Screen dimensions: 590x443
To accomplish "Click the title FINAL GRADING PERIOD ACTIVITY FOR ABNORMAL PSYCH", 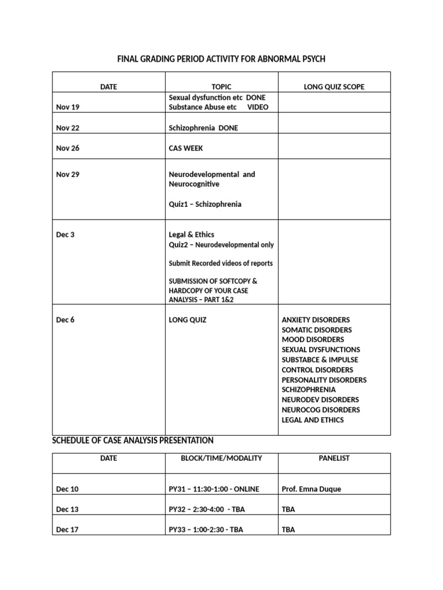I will (221, 59).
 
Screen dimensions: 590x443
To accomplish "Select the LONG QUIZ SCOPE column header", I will (334, 87).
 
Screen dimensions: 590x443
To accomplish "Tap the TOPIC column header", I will (221, 87).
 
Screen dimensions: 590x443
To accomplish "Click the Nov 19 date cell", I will (67, 107).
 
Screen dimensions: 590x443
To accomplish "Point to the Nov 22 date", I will (67, 128).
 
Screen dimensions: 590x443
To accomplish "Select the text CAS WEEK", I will (186, 148).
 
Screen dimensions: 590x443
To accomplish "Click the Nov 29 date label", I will (67, 175).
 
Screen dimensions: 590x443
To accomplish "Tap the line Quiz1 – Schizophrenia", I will (205, 205).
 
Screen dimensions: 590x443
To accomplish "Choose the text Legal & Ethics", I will (191, 235).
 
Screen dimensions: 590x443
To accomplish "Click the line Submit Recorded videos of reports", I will (220, 263).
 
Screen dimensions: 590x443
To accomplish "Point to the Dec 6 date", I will (65, 320).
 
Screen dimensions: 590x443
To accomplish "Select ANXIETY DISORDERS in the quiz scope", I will (316, 320).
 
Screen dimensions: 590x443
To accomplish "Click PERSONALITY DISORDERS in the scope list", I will (324, 380).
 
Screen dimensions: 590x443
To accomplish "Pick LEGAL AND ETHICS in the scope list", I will (312, 420).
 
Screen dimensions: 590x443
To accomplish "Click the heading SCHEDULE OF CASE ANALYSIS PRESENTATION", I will (133, 441).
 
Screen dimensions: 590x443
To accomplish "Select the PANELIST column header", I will (334, 458).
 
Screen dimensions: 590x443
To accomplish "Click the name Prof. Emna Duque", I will (311, 489).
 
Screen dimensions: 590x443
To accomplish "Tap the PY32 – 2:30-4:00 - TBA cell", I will (206, 509).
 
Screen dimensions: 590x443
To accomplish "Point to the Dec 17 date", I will (67, 530).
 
